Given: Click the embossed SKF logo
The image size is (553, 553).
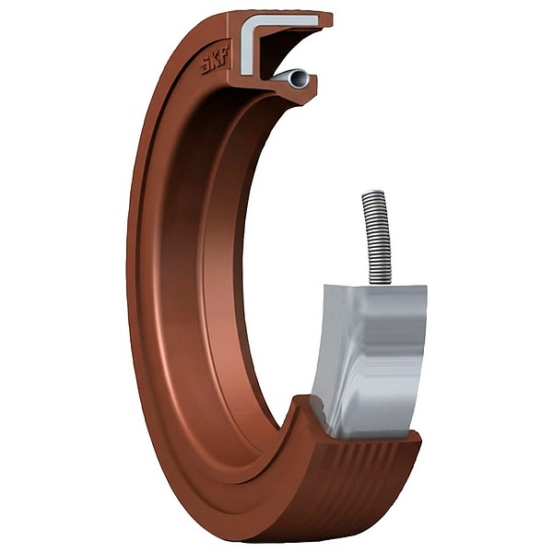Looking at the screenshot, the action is pyautogui.click(x=215, y=60).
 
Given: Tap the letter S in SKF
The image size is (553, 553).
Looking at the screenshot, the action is pyautogui.click(x=206, y=67).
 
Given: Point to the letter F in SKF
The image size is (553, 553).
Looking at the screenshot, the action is pyautogui.click(x=225, y=53).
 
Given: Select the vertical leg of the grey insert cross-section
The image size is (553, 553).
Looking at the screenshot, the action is pyautogui.click(x=247, y=50).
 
